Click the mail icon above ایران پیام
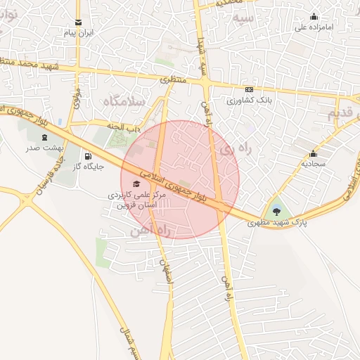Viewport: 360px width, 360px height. click(78, 22)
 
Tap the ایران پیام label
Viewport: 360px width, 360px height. click(79, 33)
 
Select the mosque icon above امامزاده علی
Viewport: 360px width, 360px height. click(314, 17)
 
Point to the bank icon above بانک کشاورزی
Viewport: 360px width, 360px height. click(249, 90)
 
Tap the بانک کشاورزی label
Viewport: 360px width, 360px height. click(249, 101)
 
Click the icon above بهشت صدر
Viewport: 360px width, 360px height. click(46, 137)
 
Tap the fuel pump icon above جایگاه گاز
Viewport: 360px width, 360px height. click(88, 156)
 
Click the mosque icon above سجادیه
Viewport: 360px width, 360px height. click(313, 154)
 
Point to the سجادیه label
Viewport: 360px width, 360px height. click(313, 164)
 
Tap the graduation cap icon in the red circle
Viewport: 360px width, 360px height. click(136, 184)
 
